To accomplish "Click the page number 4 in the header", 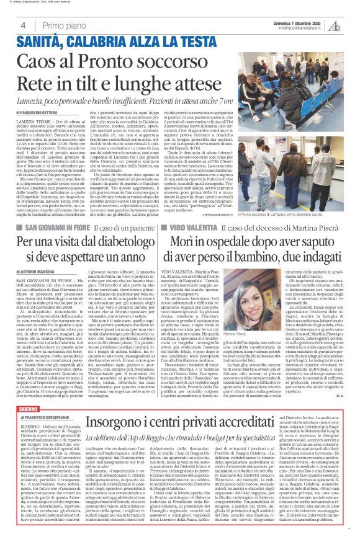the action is [23, 25].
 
